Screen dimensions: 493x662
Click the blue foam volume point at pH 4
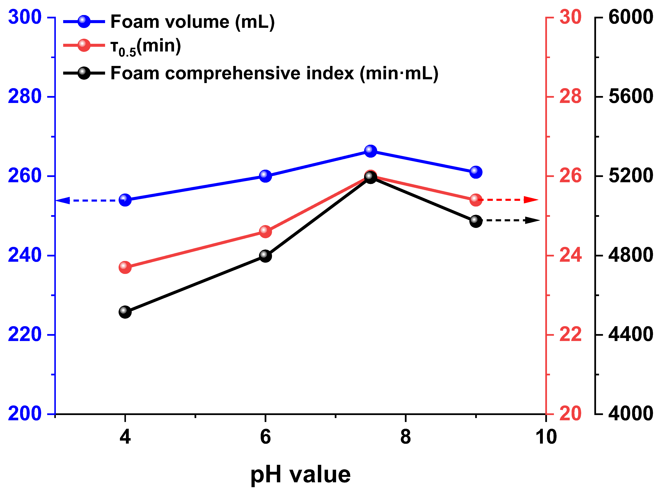point(125,200)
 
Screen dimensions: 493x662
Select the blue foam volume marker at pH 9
point(476,172)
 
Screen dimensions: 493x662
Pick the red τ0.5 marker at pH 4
point(125,267)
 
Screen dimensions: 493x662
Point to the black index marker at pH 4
point(125,312)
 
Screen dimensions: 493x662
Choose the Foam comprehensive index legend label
point(274,73)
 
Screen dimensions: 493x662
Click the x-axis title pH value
point(300,475)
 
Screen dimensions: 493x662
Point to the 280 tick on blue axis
point(24,96)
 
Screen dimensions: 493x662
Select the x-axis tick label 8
point(405,437)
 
